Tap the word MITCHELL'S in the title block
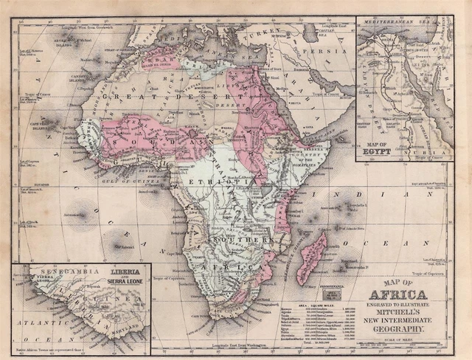tap(403, 311)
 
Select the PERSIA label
tap(331, 52)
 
